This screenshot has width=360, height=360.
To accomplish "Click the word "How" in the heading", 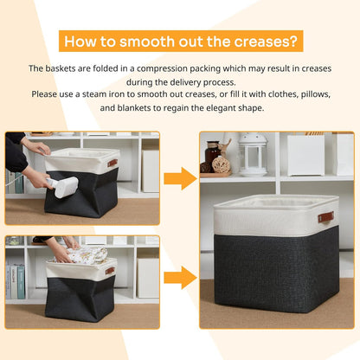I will [84, 41].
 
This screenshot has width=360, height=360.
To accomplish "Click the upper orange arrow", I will [180, 179].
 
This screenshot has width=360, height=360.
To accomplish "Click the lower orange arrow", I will [180, 278].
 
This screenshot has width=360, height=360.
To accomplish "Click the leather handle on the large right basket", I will [325, 217].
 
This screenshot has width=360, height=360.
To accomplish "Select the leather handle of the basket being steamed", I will [112, 164].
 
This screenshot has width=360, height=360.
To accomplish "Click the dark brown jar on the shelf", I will [212, 156].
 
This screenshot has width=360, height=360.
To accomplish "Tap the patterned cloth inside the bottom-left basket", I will [83, 256].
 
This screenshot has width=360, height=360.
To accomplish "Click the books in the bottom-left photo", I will [15, 280].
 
